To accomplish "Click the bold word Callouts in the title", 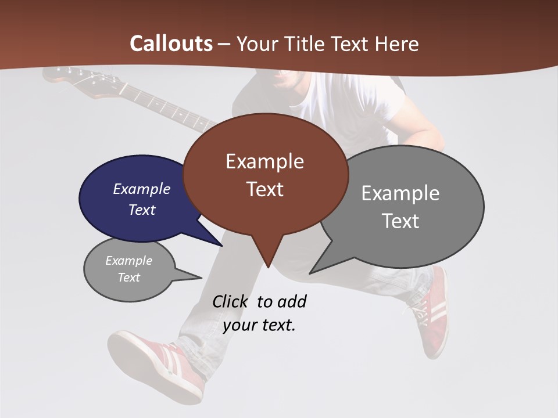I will coord(171,44).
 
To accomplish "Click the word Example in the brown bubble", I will coord(264,161).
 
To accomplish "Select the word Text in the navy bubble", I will coord(142,210).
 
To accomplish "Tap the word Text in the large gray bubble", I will coord(400,221).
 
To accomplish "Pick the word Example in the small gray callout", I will coord(128,261).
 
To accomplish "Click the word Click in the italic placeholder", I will coord(230,301).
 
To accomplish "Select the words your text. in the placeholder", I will coord(259,325).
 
